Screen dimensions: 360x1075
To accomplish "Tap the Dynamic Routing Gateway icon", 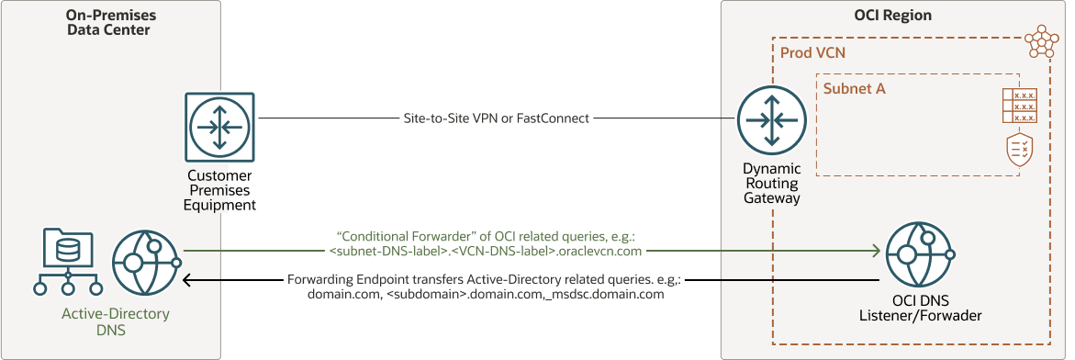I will pos(772,118).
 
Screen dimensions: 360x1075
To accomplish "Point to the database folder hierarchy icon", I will pos(66,262).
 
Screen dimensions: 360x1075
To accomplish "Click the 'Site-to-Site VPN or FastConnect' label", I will pos(497,118).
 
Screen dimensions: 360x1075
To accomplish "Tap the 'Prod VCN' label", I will pos(812,53).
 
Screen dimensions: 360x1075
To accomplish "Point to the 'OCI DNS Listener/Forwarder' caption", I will pos(924,308).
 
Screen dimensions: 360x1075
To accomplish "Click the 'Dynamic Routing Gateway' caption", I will pos(772,184).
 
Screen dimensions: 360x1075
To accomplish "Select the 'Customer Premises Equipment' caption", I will pos(220,190).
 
